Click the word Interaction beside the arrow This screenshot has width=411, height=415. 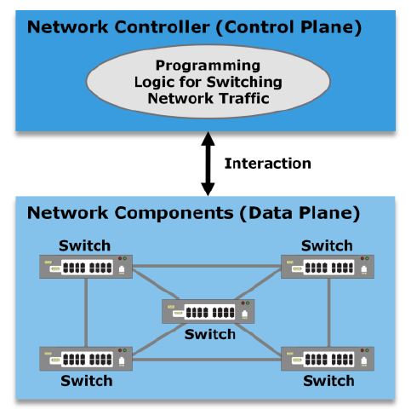tap(267, 164)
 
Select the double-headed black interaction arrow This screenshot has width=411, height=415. tap(208, 164)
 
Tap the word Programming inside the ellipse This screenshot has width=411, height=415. tap(208, 66)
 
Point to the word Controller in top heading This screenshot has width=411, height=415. tap(163, 27)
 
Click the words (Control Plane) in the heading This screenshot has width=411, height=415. tap(288, 27)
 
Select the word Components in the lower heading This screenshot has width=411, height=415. tap(174, 213)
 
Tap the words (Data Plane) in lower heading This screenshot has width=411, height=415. tap(300, 213)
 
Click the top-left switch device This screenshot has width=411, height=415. tap(86, 267)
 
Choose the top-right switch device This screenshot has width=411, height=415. tap(328, 267)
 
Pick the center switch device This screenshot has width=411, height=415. tap(208, 311)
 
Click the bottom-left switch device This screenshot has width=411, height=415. tap(86, 359)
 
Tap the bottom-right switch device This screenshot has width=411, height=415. tap(328, 359)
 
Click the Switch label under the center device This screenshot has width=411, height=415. tap(210, 334)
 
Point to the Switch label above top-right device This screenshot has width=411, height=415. tap(327, 245)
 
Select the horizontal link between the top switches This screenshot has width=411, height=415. tap(207, 266)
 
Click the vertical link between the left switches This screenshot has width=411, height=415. tap(86, 313)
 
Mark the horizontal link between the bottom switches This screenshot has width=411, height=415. tap(207, 360)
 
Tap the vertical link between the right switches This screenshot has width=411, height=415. tap(329, 313)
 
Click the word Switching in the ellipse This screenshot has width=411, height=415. tap(244, 83)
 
